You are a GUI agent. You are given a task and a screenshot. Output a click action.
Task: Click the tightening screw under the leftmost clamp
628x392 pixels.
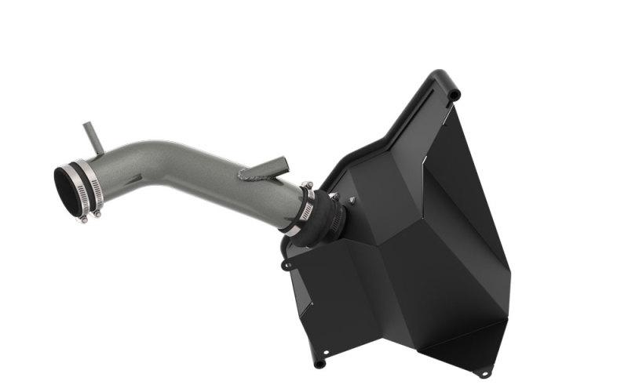(84, 217)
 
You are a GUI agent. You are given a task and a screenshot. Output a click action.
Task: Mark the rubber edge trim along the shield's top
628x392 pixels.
(377, 141)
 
